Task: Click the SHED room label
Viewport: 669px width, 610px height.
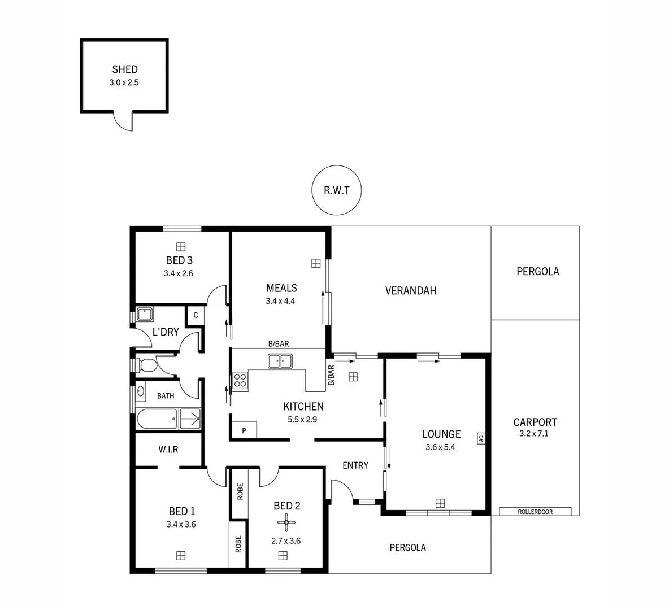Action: [124, 69]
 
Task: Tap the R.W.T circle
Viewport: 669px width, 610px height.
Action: [336, 190]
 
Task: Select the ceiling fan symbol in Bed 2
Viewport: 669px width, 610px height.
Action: [286, 523]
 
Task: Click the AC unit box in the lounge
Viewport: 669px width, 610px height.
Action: [481, 438]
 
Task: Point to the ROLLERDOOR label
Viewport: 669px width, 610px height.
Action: [535, 512]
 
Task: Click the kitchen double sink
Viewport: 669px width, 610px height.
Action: [280, 361]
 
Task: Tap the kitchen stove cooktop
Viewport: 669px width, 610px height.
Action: [240, 381]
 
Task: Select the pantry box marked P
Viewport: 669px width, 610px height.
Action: [244, 430]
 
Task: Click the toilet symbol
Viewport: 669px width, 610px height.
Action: [146, 365]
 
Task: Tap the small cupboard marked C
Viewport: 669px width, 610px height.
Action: [196, 315]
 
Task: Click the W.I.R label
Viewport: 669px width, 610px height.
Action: [168, 450]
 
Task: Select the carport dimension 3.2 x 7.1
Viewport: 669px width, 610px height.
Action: [534, 434]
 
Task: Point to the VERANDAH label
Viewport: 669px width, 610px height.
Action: [411, 291]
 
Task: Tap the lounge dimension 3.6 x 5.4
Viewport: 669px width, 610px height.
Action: [441, 447]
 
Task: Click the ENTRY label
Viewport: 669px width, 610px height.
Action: [355, 465]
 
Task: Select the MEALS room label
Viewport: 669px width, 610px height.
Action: [281, 288]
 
